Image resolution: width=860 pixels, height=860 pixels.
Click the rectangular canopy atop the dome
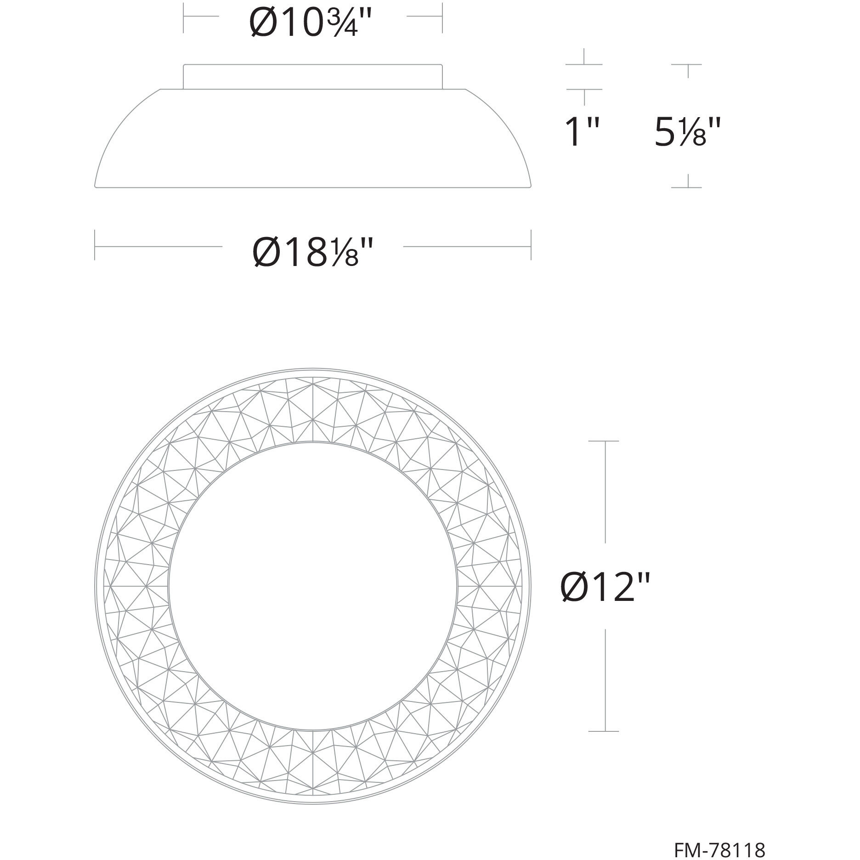click(x=312, y=77)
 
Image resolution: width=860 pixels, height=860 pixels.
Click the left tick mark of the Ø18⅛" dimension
click(x=95, y=245)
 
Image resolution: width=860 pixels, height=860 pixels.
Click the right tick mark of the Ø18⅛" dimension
click(x=531, y=245)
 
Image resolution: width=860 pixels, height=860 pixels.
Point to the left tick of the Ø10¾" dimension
click(x=184, y=17)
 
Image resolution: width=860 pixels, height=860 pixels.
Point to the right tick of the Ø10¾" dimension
click(x=442, y=17)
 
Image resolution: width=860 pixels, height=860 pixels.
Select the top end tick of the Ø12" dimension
click(x=604, y=441)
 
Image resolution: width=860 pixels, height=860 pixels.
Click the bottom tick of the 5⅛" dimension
click(x=687, y=187)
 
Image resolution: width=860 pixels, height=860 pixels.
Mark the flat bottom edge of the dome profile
click(x=312, y=187)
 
